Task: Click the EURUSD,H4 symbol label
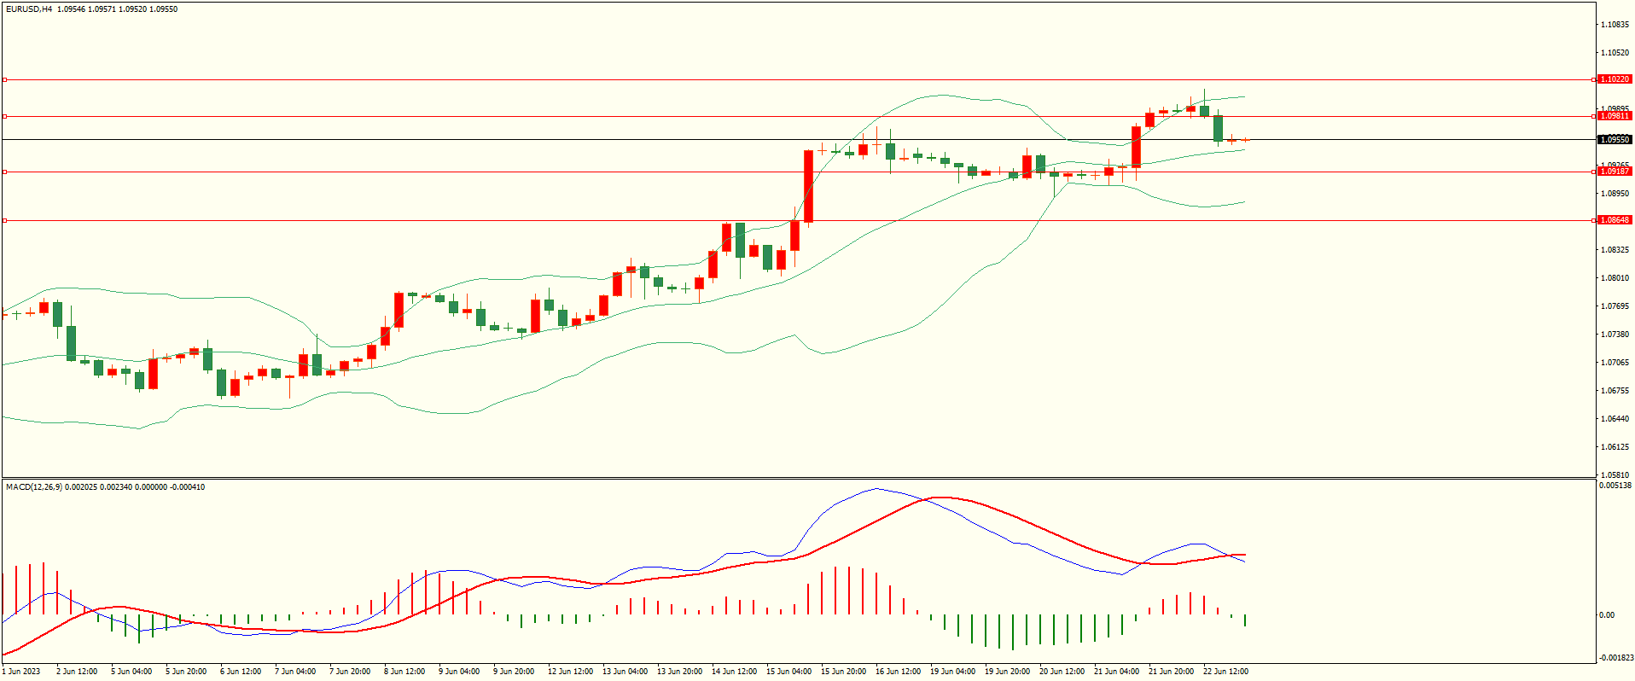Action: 28,9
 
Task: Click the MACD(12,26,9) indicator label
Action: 34,487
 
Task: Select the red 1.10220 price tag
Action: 1614,79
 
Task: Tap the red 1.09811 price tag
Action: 1614,116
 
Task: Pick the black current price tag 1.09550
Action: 1614,139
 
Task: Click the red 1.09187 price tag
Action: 1614,172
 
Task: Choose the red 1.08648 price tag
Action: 1614,220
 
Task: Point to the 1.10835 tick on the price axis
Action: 1615,25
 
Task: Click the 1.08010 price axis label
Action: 1615,278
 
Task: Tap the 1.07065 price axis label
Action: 1615,363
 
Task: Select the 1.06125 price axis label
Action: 1615,447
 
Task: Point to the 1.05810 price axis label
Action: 1615,474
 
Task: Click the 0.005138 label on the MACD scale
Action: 1616,486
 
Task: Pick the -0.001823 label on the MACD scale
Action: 1616,658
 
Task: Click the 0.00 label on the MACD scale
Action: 1606,614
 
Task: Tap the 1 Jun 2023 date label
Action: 21,672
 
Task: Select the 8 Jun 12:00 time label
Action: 404,672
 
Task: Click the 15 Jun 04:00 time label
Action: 788,672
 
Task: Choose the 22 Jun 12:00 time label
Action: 1225,672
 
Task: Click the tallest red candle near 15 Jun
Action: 808,186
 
